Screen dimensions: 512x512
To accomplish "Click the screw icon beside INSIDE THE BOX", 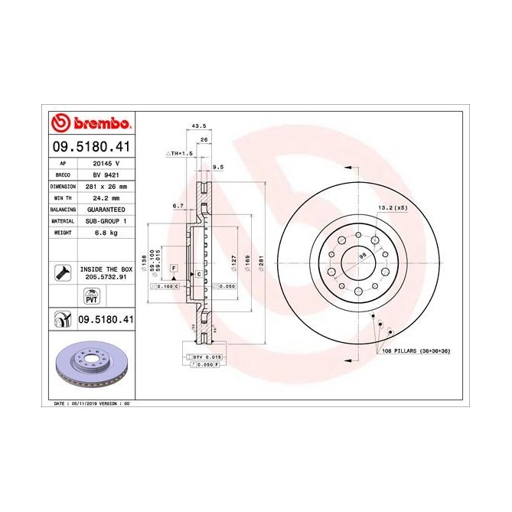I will [x=61, y=271].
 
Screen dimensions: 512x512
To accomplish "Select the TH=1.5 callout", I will [x=181, y=153].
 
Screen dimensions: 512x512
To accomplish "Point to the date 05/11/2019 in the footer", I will [x=84, y=402].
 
